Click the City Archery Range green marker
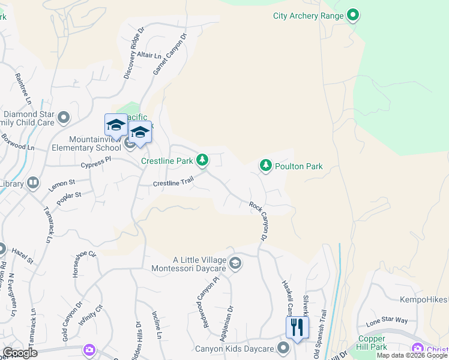[354, 16]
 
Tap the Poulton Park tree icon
[265, 165]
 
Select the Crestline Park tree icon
[203, 160]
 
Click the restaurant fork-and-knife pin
[297, 328]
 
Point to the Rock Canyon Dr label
[259, 218]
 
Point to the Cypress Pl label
[97, 162]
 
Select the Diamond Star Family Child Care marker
[64, 116]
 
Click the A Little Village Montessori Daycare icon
[236, 263]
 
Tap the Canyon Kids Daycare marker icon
[284, 348]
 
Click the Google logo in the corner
[20, 352]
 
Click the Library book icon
[33, 182]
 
